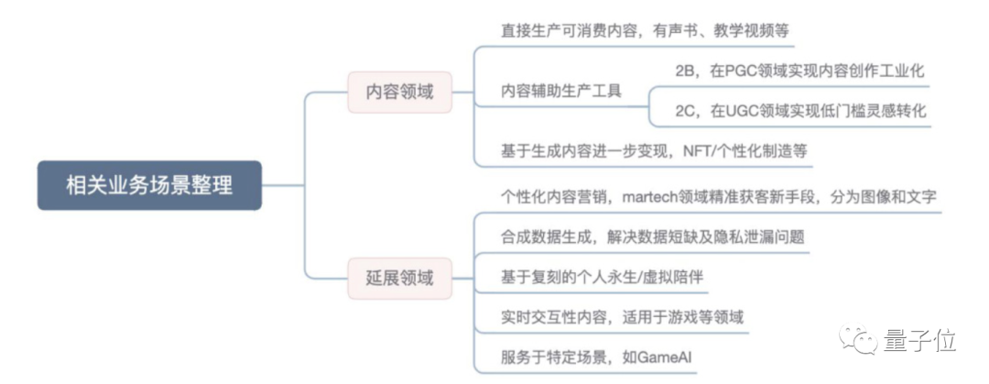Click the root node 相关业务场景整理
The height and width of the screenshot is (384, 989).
[x=149, y=184]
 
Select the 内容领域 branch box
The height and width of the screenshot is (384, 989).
[x=399, y=92]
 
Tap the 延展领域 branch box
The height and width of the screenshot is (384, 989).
[x=399, y=278]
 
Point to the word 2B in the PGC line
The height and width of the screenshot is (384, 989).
[x=685, y=71]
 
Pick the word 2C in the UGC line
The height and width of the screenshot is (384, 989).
[x=686, y=111]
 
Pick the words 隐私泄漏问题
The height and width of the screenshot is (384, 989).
[x=757, y=236]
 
